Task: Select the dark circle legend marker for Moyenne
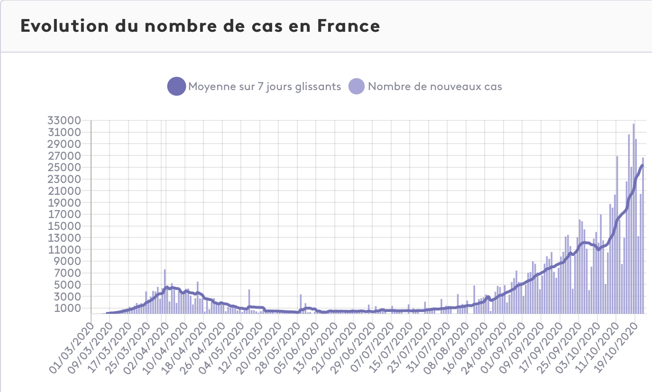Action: [x=176, y=86]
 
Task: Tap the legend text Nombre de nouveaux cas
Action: [x=435, y=86]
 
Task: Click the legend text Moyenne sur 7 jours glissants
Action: [x=265, y=86]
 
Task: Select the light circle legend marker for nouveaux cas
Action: [x=357, y=86]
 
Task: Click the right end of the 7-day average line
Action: [x=643, y=165]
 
